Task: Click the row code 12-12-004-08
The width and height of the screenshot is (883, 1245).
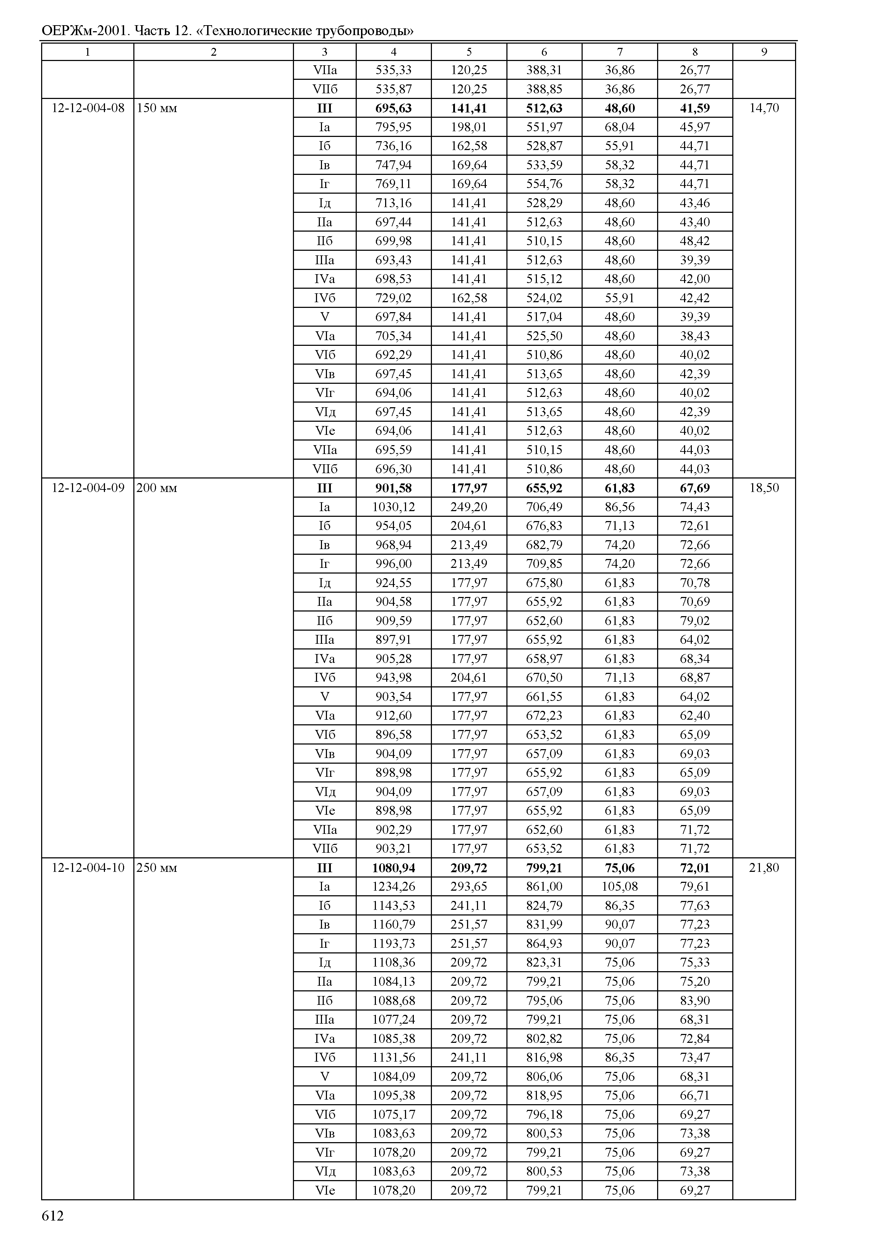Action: pos(88,108)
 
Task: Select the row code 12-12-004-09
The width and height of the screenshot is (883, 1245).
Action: pos(88,488)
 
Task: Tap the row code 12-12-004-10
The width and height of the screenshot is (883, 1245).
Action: pos(88,868)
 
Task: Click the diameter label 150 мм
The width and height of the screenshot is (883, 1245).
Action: pos(157,108)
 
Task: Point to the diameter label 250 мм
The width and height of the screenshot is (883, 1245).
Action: pos(157,868)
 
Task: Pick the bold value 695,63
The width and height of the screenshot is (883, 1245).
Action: pos(393,108)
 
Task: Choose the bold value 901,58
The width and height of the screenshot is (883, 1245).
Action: pos(393,488)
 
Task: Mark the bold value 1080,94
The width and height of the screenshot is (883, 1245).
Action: pos(393,868)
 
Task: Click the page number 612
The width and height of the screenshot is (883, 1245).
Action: pos(53,1216)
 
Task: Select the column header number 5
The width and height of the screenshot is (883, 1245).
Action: pos(469,52)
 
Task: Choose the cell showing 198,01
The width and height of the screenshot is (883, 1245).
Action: pos(469,127)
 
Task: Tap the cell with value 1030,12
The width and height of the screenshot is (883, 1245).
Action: pos(393,507)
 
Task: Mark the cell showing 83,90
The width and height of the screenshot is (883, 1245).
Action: pos(694,1000)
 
